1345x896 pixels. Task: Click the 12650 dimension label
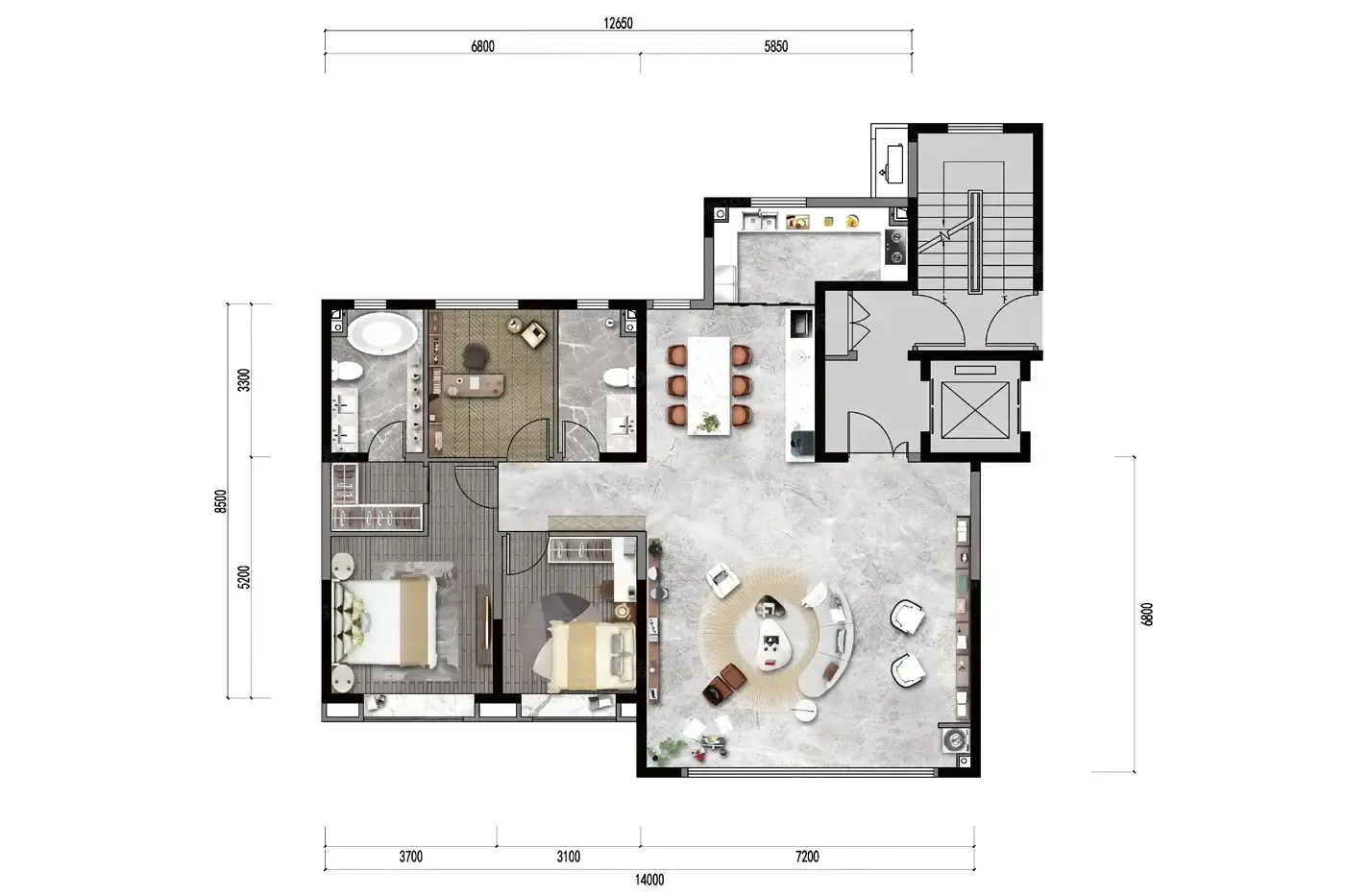[618, 23]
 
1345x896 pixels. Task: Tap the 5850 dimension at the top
[776, 46]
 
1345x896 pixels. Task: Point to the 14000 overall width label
[649, 880]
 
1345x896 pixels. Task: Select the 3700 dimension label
[411, 857]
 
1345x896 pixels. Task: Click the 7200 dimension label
[807, 857]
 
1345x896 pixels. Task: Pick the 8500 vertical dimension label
[221, 501]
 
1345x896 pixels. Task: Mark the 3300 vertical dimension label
[243, 380]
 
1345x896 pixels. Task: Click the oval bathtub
[382, 333]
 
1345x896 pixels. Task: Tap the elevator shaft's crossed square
[975, 410]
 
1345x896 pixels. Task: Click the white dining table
[709, 386]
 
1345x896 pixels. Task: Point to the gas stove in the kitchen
[895, 247]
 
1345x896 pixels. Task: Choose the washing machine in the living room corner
[955, 739]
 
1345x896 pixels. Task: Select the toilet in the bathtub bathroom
[347, 371]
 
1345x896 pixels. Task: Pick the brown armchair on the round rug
[724, 684]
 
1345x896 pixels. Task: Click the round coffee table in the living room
[772, 644]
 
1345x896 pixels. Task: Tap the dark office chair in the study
[476, 355]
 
